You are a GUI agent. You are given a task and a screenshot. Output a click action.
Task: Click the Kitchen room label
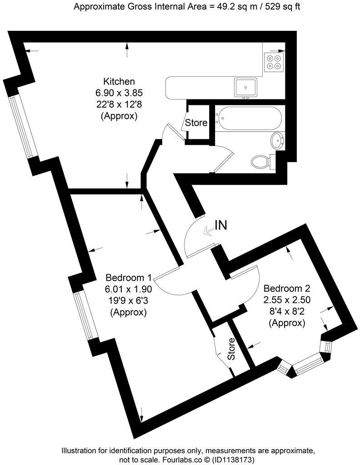(x=119, y=82)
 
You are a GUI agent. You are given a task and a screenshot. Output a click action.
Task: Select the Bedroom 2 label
(x=286, y=288)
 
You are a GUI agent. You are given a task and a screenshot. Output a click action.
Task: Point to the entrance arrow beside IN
(x=208, y=232)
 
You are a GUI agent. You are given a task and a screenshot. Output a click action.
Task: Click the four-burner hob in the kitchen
(x=274, y=62)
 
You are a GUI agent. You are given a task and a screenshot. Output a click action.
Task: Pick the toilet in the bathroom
(x=262, y=161)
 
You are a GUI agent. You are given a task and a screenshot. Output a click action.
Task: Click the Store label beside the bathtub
(x=196, y=123)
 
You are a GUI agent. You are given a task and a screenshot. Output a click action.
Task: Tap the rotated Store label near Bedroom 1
(x=231, y=349)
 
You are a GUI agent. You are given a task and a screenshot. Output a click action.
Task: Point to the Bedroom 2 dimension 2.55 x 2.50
(x=286, y=300)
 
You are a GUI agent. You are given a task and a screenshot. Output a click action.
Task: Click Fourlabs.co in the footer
(x=179, y=459)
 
